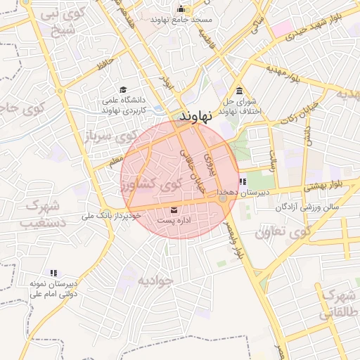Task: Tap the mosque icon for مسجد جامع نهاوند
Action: [x=181, y=9]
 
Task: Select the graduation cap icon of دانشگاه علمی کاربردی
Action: [x=123, y=90]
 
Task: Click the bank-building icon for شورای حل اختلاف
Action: [x=240, y=91]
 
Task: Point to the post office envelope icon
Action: [x=174, y=210]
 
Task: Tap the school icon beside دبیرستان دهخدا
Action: [x=243, y=181]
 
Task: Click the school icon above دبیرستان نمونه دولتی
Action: [x=53, y=273]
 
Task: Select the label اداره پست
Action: [x=174, y=221]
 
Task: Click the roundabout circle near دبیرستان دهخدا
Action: [x=223, y=199]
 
